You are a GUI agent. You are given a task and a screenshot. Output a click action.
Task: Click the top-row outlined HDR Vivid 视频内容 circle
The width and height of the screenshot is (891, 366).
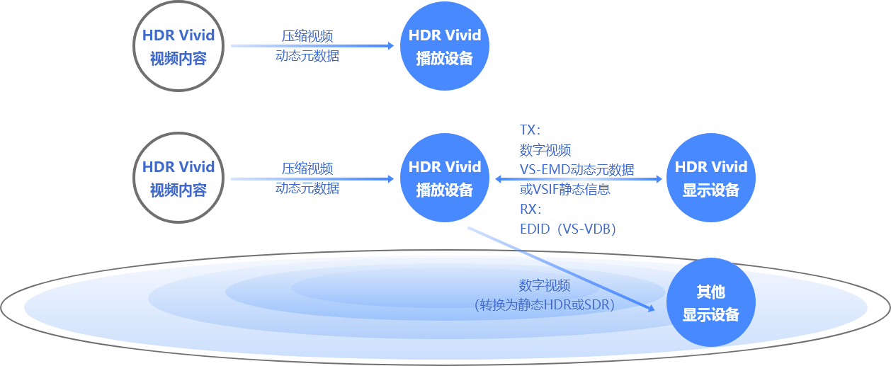(x=178, y=47)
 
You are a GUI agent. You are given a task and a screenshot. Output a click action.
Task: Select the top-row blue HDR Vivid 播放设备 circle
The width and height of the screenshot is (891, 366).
(x=445, y=47)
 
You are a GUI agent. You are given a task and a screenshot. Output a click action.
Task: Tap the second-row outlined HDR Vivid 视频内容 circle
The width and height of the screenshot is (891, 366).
(x=178, y=178)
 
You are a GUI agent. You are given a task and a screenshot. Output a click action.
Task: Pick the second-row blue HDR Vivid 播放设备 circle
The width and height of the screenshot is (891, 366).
(x=445, y=178)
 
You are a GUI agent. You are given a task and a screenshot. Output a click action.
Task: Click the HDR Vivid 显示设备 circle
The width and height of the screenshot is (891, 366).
(x=710, y=178)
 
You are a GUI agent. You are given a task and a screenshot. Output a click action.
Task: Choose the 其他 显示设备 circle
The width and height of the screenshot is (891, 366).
(x=710, y=303)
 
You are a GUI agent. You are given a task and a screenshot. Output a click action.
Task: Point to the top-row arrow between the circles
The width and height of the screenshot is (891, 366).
(x=312, y=46)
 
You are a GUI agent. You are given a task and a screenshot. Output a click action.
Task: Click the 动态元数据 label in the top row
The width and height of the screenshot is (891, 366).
(x=307, y=56)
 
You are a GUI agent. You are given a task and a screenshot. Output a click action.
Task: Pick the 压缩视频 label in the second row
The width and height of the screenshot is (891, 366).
(x=307, y=168)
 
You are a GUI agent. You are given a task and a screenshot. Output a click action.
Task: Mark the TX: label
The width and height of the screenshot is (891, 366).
(x=530, y=130)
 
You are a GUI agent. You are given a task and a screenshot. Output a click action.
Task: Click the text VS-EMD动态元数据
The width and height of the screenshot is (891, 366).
(x=577, y=169)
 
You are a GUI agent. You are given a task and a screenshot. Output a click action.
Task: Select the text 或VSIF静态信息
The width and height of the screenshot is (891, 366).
(x=564, y=189)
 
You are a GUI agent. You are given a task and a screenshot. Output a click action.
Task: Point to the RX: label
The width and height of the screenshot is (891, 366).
(x=530, y=209)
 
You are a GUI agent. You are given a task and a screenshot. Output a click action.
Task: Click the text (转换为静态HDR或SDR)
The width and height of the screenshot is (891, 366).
(x=544, y=304)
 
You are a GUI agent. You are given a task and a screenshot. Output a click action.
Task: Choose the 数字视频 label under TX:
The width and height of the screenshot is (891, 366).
(x=545, y=150)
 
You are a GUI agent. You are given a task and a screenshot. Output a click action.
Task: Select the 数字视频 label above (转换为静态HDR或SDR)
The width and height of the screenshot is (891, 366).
(x=545, y=285)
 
